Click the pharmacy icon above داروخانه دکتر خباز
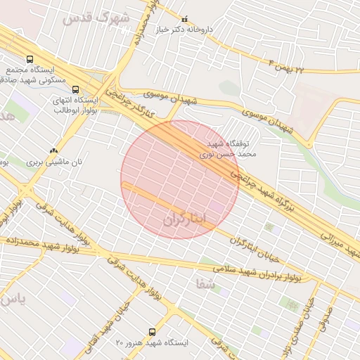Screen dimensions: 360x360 (185, 19)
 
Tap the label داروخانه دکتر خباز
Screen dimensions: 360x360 (185, 30)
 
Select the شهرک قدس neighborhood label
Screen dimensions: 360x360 (96, 18)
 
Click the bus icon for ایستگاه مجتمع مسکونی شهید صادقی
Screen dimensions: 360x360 (30, 60)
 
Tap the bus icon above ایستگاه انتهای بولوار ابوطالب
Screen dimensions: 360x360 (75, 89)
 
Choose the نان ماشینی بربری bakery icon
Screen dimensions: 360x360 (54, 150)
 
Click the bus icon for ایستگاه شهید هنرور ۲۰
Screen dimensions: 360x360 (152, 332)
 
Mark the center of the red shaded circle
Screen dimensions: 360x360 (179, 179)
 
